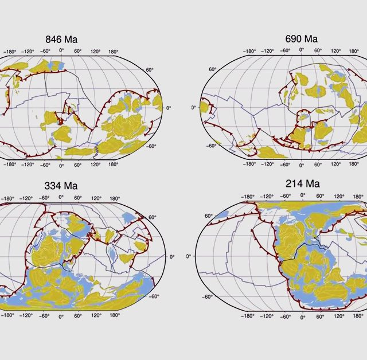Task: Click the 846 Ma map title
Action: [x=61, y=40]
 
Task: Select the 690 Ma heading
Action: [x=301, y=39]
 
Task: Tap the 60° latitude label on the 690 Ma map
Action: [x=212, y=69]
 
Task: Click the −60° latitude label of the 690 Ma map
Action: [x=211, y=146]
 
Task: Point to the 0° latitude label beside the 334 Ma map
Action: [x=171, y=257]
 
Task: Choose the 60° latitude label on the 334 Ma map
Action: [x=153, y=218]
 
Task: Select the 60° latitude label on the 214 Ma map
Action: [x=209, y=216]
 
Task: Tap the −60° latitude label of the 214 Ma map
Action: [x=208, y=296]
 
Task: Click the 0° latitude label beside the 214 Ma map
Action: [x=189, y=256]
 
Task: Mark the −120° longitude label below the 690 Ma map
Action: [x=267, y=164]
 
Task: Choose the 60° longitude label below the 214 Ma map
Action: [x=319, y=315]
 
